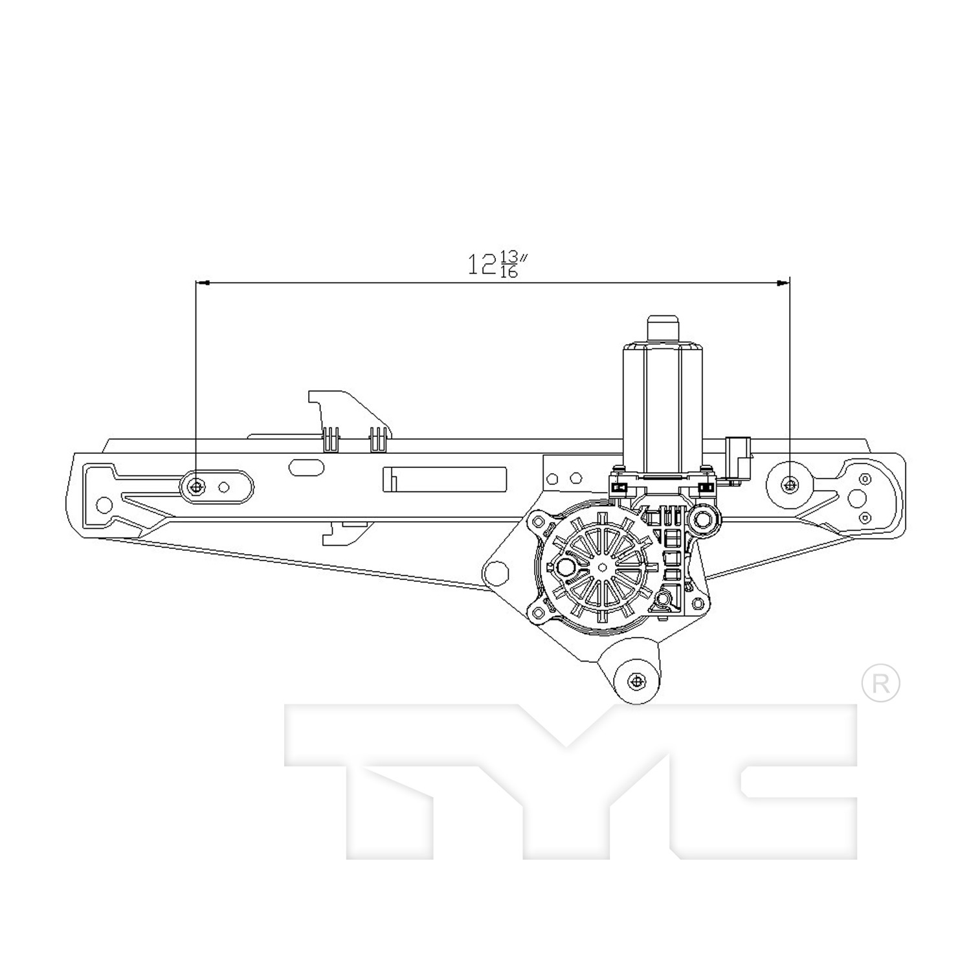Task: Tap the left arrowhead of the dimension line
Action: tap(203, 283)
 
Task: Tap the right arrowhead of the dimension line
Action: tap(783, 283)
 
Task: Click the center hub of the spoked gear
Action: tap(603, 567)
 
